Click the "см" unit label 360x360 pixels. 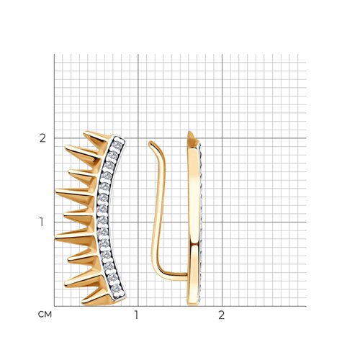pyautogui.click(x=45, y=314)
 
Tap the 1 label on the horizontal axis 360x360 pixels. pyautogui.click(x=136, y=315)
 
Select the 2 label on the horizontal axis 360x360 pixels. pyautogui.click(x=221, y=315)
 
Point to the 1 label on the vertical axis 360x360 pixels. pyautogui.click(x=42, y=222)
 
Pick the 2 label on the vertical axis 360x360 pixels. pyautogui.click(x=42, y=138)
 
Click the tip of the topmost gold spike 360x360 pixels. pyautogui.click(x=84, y=132)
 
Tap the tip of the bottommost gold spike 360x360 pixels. pyautogui.click(x=82, y=302)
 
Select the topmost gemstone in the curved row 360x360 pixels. pyautogui.click(x=117, y=144)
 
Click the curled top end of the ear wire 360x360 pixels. pyautogui.click(x=150, y=143)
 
